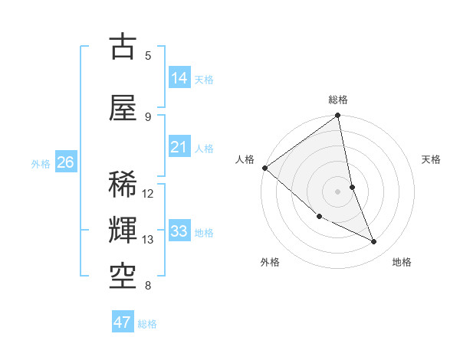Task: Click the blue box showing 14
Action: (179, 78)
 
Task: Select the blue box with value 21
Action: (179, 147)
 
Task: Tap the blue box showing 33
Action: (179, 231)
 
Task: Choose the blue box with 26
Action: (65, 162)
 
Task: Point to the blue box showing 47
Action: (123, 322)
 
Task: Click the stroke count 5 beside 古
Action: (148, 56)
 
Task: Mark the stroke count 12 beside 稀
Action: (148, 194)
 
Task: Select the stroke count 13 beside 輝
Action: (148, 240)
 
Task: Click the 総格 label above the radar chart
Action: (338, 100)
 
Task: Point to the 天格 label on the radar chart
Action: (431, 159)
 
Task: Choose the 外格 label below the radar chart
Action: (270, 263)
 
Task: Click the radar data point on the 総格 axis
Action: (338, 116)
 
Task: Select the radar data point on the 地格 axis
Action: (374, 242)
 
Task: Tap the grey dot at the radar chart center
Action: (338, 191)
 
